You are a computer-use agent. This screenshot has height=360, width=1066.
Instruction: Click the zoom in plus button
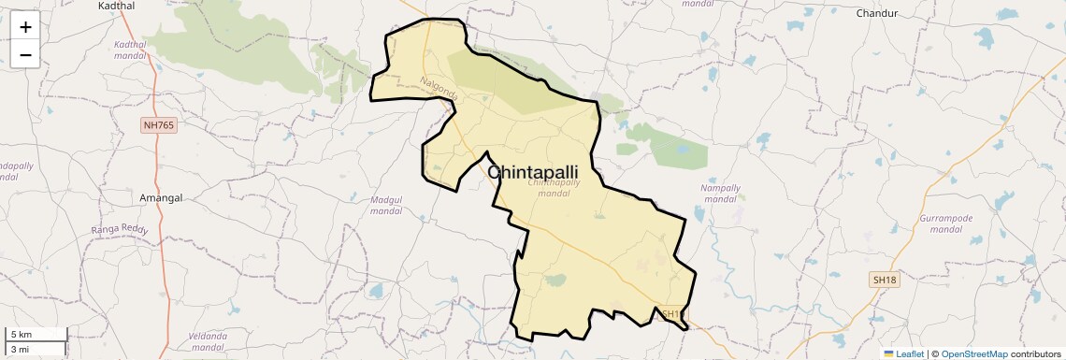(25, 27)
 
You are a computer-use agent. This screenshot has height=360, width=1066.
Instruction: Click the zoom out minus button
(25, 54)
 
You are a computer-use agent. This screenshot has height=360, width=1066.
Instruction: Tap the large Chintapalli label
(533, 173)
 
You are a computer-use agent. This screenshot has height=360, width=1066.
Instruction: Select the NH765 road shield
(159, 124)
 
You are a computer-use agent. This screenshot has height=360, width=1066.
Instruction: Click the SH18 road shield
(884, 280)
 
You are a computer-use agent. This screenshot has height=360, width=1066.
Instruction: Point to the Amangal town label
(160, 198)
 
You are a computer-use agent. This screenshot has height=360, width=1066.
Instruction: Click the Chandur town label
(876, 13)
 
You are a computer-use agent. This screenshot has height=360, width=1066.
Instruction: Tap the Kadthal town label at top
(115, 6)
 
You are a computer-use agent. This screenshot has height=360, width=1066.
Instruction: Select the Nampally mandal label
(720, 194)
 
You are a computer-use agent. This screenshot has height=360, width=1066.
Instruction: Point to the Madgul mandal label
(386, 206)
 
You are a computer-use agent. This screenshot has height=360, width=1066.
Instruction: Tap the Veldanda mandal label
(208, 341)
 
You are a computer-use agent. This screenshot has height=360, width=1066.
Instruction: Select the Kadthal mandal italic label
(130, 50)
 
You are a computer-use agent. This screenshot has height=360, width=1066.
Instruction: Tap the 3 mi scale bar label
(20, 349)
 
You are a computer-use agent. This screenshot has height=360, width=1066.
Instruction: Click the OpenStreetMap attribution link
(974, 353)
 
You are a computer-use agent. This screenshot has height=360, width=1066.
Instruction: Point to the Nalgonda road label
(440, 90)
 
